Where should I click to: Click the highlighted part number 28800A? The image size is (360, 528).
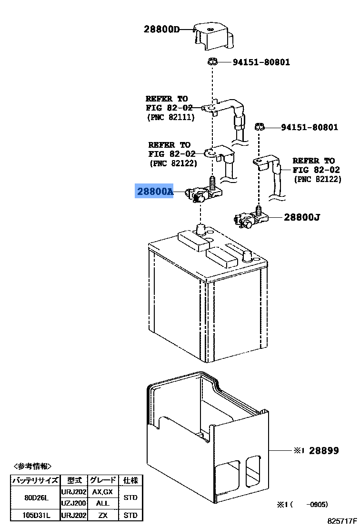tap(155, 191)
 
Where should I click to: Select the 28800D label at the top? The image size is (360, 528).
tap(161, 29)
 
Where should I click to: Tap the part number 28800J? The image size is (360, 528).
tap(302, 217)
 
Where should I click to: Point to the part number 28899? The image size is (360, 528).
tap(324, 450)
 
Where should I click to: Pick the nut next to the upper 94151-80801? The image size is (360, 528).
tap(212, 61)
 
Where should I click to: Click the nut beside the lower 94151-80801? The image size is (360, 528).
tap(259, 127)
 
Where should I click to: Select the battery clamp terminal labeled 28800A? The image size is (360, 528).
tap(203, 192)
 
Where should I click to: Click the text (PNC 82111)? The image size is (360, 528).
tap(171, 118)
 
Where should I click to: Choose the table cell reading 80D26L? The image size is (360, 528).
tap(36, 498)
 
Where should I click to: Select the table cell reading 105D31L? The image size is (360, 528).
tap(36, 515)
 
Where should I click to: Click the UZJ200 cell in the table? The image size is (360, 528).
tap(74, 503)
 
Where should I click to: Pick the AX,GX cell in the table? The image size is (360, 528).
tap(102, 492)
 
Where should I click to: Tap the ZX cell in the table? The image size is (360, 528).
tap(102, 515)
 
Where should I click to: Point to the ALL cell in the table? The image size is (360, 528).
tap(102, 503)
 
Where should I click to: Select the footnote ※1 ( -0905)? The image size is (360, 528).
tap(302, 505)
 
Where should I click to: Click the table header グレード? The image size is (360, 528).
tap(102, 480)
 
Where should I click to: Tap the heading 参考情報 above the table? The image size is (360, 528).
tap(32, 467)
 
